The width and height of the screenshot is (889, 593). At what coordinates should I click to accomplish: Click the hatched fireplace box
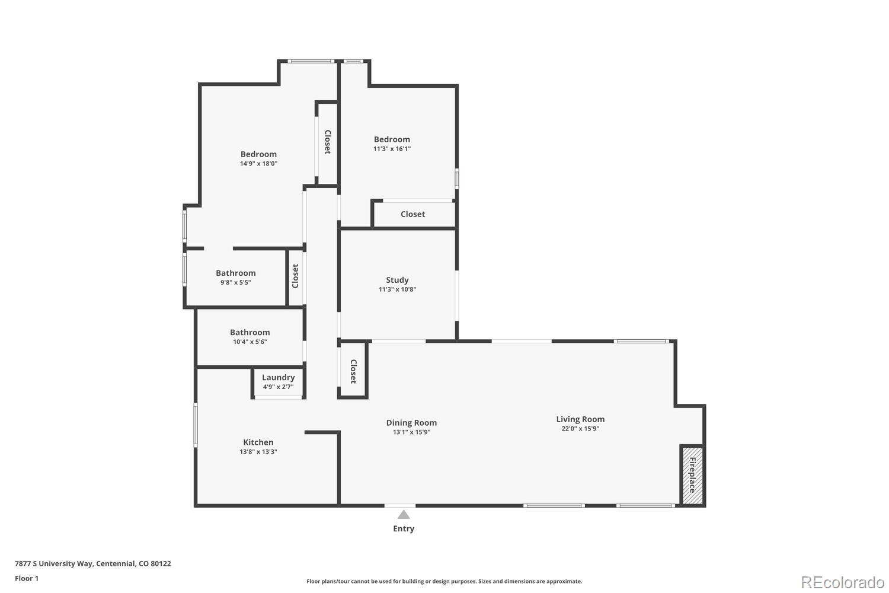[693, 475]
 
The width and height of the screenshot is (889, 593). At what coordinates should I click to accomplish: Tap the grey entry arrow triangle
[404, 515]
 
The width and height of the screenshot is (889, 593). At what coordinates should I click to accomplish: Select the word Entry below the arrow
[404, 528]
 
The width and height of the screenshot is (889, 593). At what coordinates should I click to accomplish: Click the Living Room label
[580, 419]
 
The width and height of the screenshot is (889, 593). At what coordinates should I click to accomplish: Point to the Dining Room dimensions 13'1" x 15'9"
[411, 432]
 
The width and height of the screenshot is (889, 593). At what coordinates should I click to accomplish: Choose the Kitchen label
[258, 442]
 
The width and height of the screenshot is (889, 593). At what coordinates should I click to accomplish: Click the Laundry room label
[278, 377]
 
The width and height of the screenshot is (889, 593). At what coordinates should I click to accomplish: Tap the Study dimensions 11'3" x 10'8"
[397, 289]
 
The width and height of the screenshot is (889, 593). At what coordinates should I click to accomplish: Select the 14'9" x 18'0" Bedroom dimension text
[258, 163]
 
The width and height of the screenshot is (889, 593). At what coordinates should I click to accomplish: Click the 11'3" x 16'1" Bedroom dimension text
[392, 149]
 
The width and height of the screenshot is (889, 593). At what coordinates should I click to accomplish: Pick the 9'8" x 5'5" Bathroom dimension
[236, 282]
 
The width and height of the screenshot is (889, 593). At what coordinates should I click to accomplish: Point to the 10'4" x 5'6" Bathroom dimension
[250, 342]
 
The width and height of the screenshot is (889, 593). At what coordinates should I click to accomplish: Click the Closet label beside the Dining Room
[353, 371]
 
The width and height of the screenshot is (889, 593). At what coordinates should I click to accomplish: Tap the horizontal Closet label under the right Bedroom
[412, 214]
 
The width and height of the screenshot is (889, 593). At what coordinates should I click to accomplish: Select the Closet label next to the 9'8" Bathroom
[295, 276]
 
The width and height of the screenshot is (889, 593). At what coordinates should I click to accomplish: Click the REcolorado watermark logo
[843, 583]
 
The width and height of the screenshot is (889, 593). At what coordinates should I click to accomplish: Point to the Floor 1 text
[27, 578]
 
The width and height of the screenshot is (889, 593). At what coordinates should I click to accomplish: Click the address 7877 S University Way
[53, 563]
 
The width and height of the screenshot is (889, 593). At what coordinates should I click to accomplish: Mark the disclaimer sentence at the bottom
[444, 581]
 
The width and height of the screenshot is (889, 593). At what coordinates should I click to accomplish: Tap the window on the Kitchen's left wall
[195, 425]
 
